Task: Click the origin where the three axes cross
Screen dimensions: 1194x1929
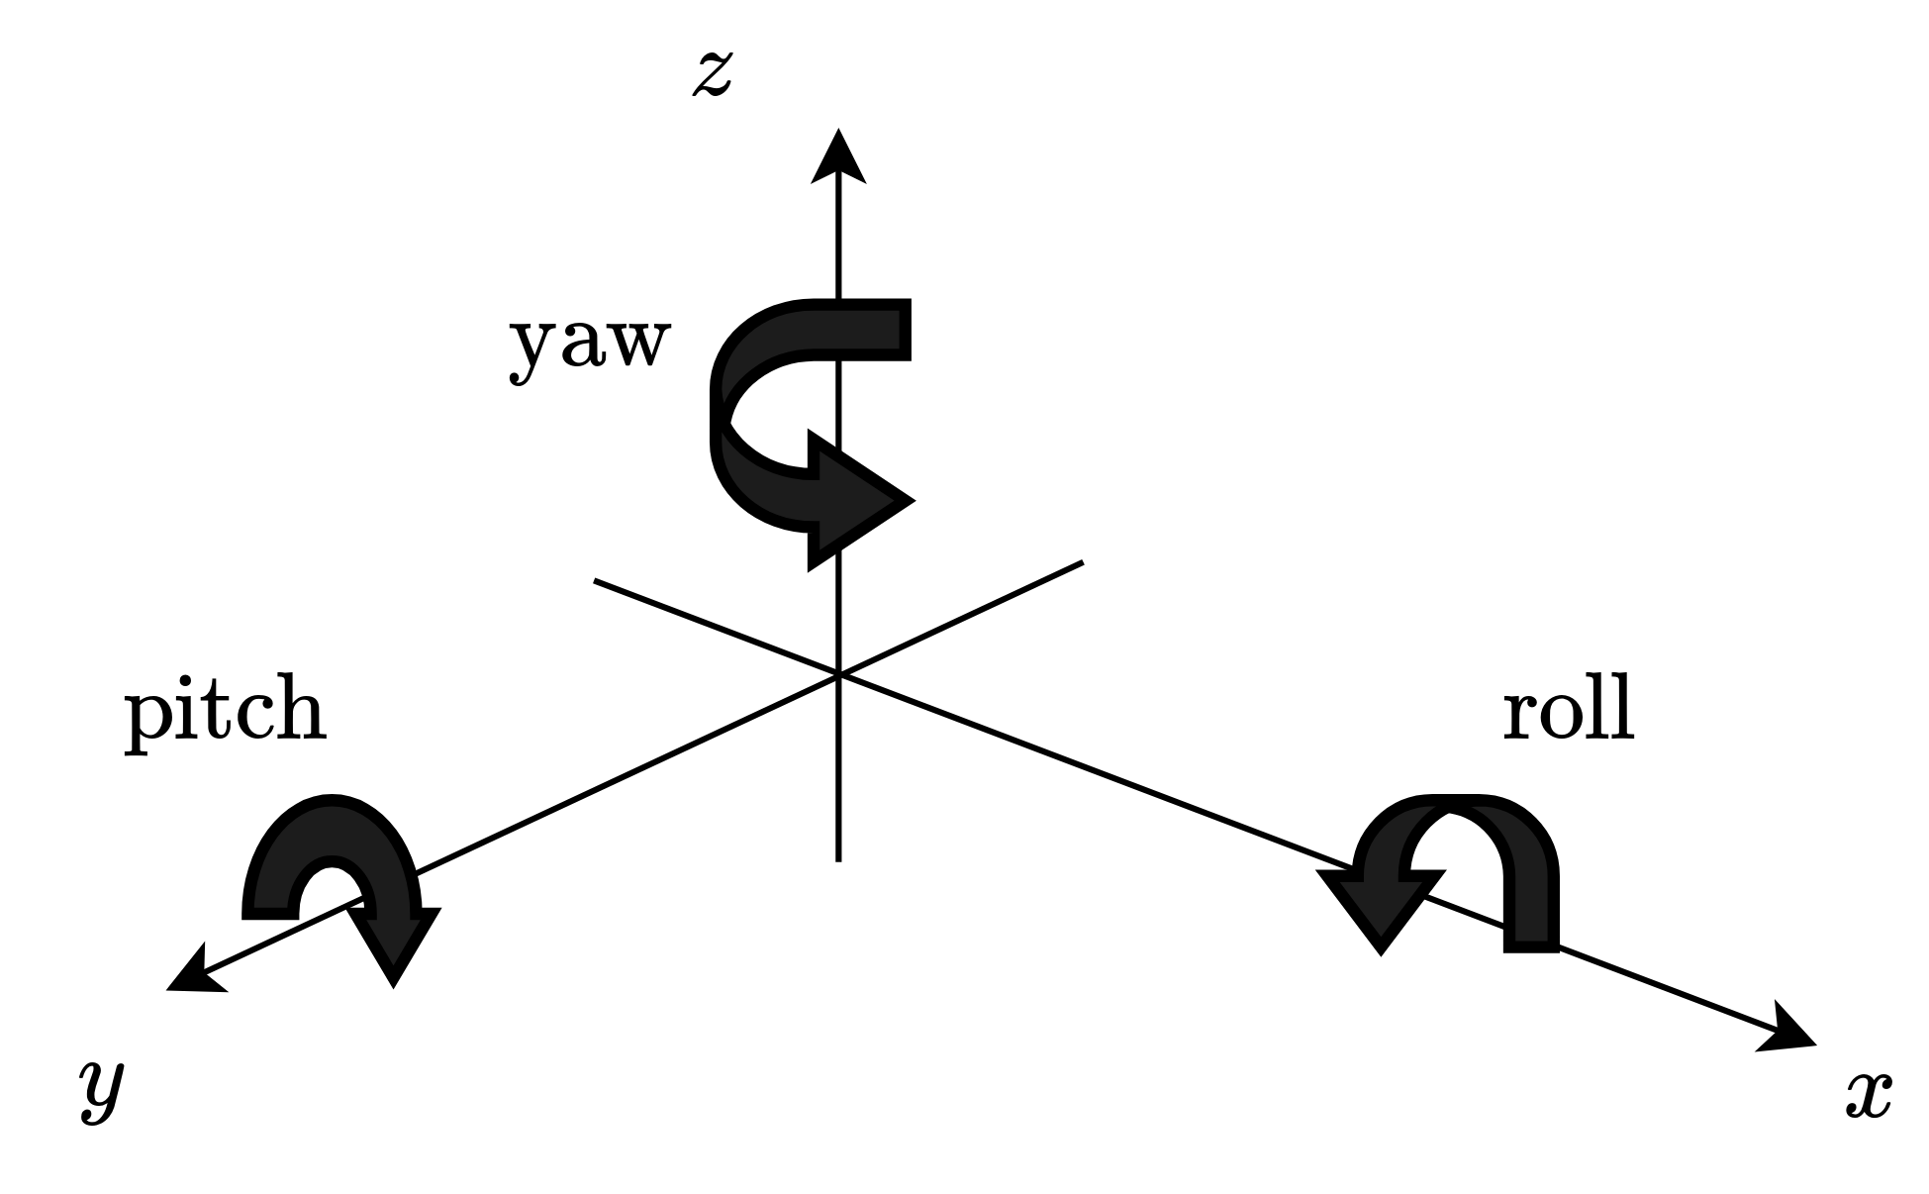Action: (838, 674)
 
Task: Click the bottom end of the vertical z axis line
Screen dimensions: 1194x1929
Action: (838, 859)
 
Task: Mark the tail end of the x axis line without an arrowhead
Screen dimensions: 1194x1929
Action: (596, 581)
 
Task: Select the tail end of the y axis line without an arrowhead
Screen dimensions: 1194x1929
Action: (1082, 563)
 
